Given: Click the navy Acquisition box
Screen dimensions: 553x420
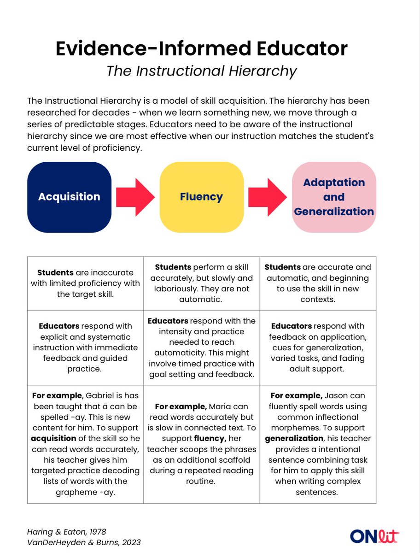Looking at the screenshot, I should tap(69, 196).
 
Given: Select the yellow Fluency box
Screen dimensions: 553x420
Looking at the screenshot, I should tap(201, 196).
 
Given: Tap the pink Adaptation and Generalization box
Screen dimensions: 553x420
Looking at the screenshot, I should tap(334, 196).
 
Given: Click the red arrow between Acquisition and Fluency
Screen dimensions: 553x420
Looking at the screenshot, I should tap(134, 196).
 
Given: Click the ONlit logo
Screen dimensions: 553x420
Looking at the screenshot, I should tap(374, 536).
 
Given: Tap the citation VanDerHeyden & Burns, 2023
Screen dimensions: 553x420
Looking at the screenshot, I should tap(83, 542).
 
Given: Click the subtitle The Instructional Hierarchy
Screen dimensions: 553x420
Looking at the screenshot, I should tap(201, 71).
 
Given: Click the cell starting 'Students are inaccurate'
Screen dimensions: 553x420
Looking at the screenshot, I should tap(85, 283).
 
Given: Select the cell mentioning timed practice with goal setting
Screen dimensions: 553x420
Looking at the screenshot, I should tap(202, 347).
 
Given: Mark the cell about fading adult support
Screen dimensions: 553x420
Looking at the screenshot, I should tap(318, 347).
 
